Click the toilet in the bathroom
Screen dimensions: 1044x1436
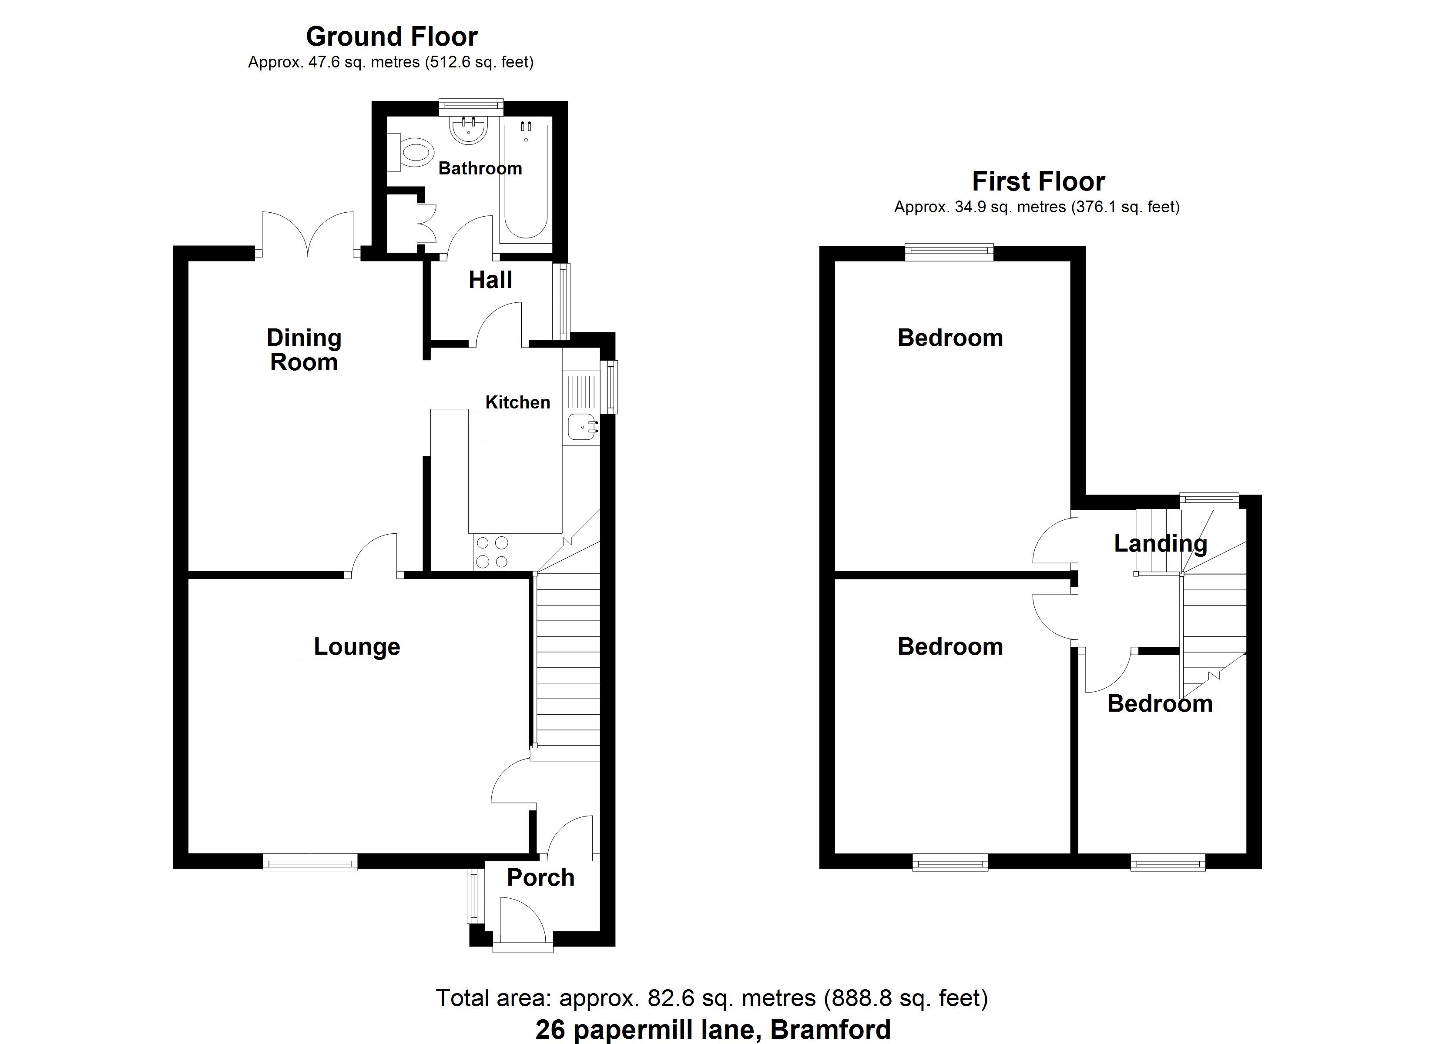coord(413,152)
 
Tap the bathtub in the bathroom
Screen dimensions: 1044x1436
coord(524,184)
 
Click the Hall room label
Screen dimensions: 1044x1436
coord(490,280)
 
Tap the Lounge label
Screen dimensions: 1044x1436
coord(357,646)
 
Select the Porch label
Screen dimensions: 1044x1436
coord(541,877)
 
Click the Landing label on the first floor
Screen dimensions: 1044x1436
coord(1161,543)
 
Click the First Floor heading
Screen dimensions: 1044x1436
coord(1038,182)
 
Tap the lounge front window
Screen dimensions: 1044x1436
coord(310,862)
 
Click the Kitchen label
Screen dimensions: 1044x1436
coord(517,402)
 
